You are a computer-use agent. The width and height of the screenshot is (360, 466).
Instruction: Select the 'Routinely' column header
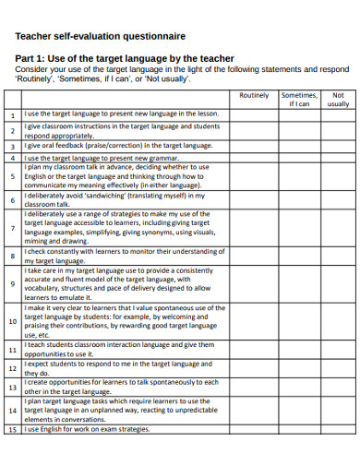[x=255, y=95]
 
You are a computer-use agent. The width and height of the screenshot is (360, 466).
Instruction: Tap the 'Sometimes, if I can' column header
[x=298, y=100]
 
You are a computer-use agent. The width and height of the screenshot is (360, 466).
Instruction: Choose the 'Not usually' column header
[x=338, y=100]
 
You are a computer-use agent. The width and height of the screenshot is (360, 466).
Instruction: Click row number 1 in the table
[x=13, y=115]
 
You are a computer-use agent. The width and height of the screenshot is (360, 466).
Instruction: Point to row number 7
[x=13, y=228]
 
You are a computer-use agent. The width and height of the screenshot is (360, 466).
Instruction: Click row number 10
[x=13, y=321]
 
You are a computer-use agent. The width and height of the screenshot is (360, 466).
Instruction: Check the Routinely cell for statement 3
[x=255, y=146]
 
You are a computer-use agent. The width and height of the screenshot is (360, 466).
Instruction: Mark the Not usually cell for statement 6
[x=338, y=199]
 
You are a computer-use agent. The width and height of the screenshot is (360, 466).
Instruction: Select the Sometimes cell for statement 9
[x=298, y=284]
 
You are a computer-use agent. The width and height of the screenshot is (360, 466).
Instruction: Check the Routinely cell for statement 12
[x=255, y=369]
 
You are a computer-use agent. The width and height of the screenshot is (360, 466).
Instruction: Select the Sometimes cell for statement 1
[x=298, y=115]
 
